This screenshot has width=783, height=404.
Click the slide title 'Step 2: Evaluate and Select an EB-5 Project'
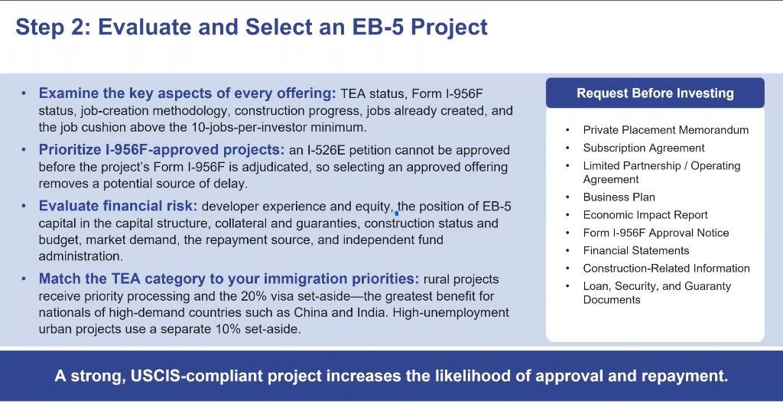click(251, 27)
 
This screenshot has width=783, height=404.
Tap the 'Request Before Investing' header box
click(655, 93)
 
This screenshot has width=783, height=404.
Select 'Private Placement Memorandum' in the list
click(666, 130)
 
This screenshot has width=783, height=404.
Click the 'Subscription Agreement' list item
click(644, 148)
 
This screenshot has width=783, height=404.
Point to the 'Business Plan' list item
click(619, 197)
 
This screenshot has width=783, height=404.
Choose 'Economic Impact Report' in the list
click(645, 215)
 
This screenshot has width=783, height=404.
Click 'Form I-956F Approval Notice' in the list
click(655, 233)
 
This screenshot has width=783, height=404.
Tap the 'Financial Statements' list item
click(635, 250)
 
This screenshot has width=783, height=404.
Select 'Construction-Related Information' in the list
click(666, 269)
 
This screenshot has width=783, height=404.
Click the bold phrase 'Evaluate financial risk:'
click(119, 206)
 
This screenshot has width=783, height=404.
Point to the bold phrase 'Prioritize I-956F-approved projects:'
click(162, 149)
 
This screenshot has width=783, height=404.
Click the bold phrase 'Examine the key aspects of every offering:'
click(188, 93)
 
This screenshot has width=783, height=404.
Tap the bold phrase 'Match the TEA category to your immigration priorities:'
click(229, 279)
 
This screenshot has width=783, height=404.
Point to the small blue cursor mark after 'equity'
click(397, 213)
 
